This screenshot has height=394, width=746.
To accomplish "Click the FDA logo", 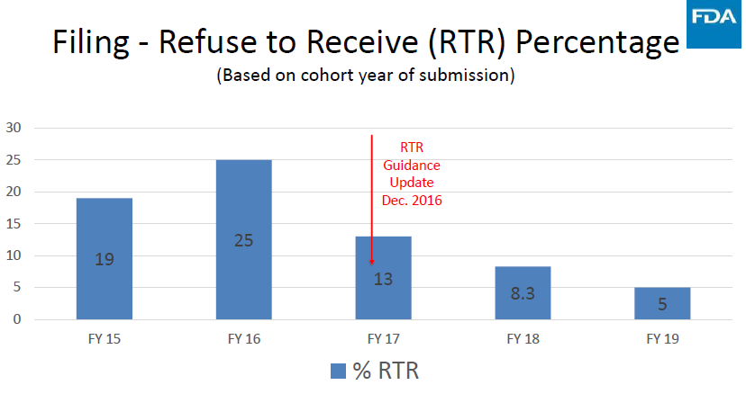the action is pos(714,23).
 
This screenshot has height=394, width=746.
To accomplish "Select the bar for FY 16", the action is pos(243,239).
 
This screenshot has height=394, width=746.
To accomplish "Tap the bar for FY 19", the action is pos(662,303).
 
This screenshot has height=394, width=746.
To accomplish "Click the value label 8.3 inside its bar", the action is pos(523,294).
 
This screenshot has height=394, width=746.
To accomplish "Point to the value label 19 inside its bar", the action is pos(105,259).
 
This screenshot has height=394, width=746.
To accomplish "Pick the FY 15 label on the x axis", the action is pos(105,339).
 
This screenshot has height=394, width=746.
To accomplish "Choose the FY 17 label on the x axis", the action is pos(384,339).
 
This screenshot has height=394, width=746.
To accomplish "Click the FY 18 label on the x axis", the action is pos(523,339).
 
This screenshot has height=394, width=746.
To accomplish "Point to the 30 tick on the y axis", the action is pos(14,128).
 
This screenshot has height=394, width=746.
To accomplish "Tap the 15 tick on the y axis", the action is pos(14,224).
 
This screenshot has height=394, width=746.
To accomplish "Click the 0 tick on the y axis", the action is pos(17,319).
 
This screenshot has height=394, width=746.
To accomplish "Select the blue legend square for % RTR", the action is pos(338,372).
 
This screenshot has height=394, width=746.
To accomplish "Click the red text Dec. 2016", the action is pos(412,201).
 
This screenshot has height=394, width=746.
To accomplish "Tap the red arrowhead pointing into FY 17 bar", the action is pos(372,262).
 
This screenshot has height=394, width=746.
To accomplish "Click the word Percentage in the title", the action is pos(597,43).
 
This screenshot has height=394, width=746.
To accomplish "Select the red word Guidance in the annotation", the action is pos(412,166).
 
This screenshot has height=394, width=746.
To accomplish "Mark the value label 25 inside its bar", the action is pos(243,240).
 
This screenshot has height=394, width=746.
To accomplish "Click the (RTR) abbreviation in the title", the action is pos(467,43).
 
